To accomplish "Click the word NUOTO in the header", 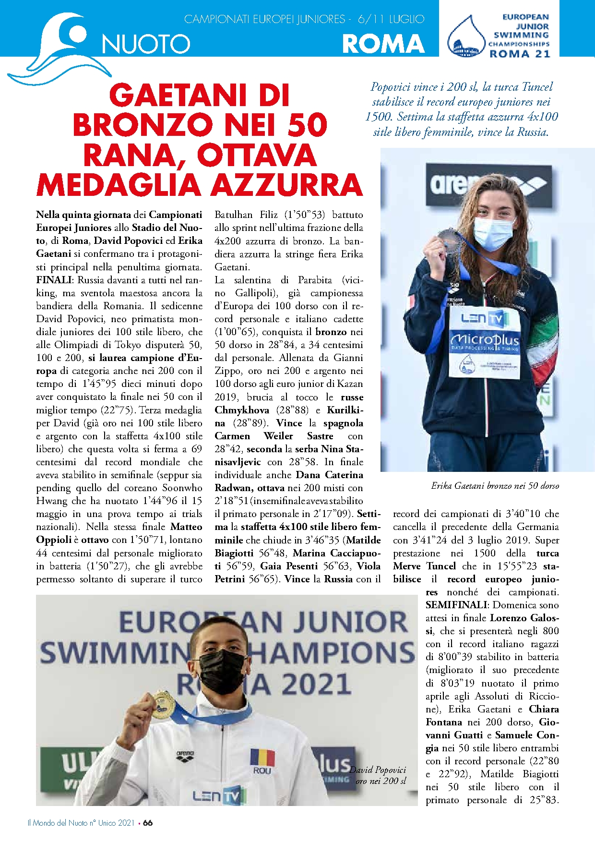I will tap(146, 44).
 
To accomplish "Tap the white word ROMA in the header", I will tap(383, 44).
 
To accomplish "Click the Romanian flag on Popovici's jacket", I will tap(262, 758).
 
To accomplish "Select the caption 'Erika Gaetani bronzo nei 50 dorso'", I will tap(495, 486).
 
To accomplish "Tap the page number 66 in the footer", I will tap(148, 823).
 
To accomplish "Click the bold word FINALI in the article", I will tap(54, 280).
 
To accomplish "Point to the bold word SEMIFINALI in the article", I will tap(456, 605).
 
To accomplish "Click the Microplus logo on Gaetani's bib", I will tap(485, 341).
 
